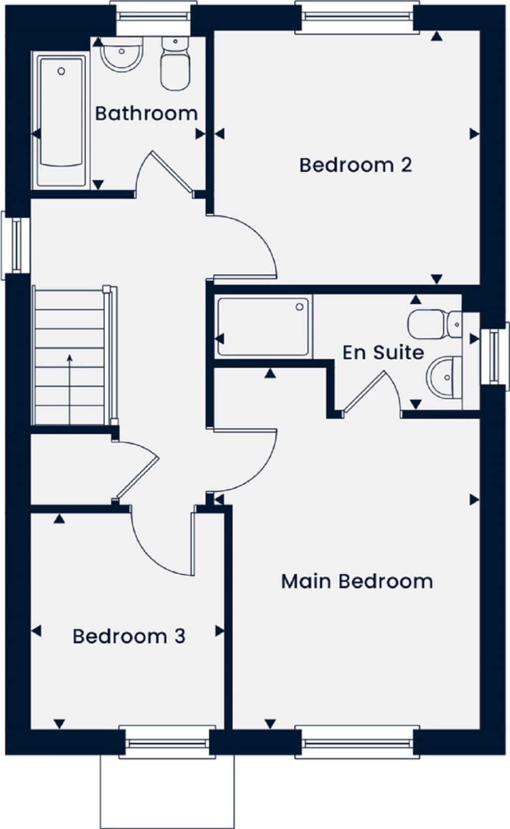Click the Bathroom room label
click(x=146, y=114)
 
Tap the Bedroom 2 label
click(x=356, y=165)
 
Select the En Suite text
click(x=383, y=352)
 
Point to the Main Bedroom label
click(x=357, y=581)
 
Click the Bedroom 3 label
click(x=129, y=636)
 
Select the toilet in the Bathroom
click(x=175, y=65)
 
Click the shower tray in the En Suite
click(x=263, y=326)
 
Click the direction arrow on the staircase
click(x=69, y=389)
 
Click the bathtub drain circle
click(x=61, y=71)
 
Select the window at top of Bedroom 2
click(x=356, y=16)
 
